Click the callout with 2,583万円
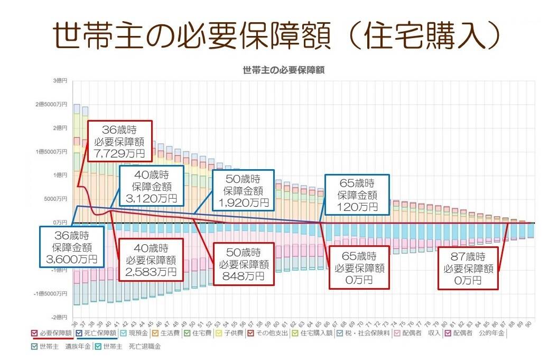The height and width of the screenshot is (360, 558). click(x=151, y=260)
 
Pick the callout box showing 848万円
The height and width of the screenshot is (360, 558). click(x=242, y=263)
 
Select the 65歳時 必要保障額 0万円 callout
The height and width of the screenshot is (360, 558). click(x=358, y=267)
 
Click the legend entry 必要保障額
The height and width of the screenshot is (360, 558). click(x=51, y=334)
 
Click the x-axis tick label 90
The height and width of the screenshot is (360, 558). click(x=529, y=324)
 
